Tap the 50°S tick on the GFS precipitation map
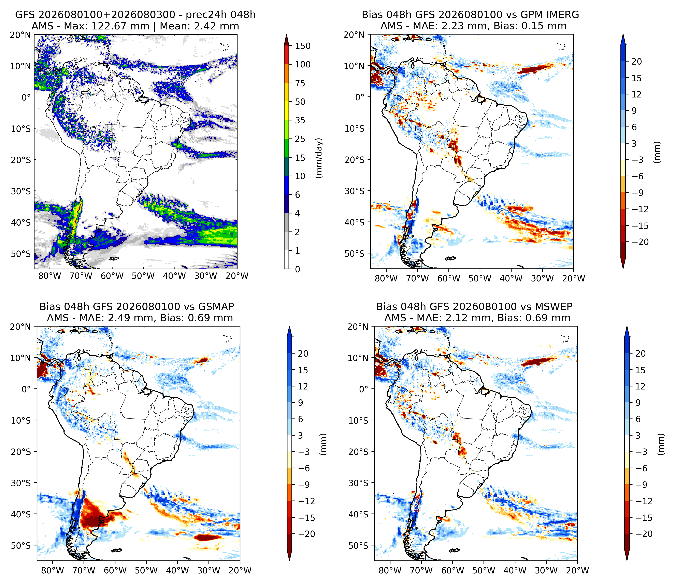pyautogui.click(x=21, y=254)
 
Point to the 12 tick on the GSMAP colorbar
pyautogui.click(x=303, y=386)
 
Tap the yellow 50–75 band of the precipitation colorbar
pyautogui.click(x=286, y=92)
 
